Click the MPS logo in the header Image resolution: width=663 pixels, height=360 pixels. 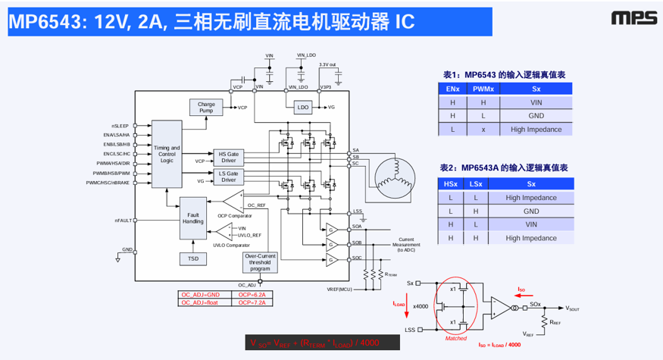pyautogui.click(x=630, y=17)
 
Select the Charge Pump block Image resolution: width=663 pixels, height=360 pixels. pyautogui.click(x=206, y=108)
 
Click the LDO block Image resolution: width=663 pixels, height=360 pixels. pyautogui.click(x=303, y=108)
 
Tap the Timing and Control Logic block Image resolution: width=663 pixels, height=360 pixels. pyautogui.click(x=167, y=154)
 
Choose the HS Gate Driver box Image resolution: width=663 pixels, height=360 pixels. pyautogui.click(x=228, y=158)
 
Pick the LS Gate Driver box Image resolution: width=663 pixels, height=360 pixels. pyautogui.click(x=228, y=177)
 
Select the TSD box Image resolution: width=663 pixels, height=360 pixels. pyautogui.click(x=193, y=259)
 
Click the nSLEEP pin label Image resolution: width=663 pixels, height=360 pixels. pyautogui.click(x=120, y=125)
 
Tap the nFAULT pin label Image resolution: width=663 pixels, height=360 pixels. pyautogui.click(x=123, y=221)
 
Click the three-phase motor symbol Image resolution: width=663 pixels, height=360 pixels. pyautogui.click(x=393, y=175)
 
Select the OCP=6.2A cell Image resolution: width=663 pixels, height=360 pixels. pyautogui.click(x=249, y=294)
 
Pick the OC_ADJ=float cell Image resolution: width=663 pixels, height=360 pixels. pyautogui.click(x=200, y=302)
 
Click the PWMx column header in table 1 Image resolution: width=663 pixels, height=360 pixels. pyautogui.click(x=483, y=89)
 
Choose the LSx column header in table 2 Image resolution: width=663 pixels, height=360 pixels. pyautogui.click(x=474, y=184)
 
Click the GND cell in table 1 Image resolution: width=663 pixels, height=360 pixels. pyautogui.click(x=536, y=116)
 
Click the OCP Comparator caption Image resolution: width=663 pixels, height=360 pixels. pyautogui.click(x=233, y=216)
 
